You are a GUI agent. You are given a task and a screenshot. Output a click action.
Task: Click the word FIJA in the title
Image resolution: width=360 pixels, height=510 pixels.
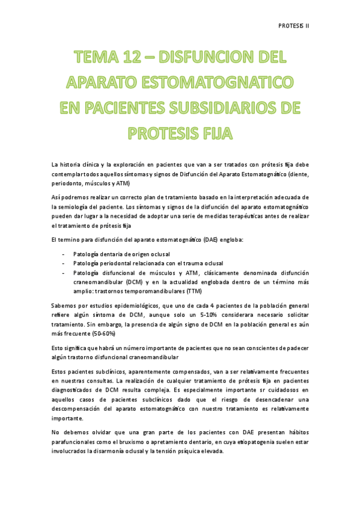(209, 133)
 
